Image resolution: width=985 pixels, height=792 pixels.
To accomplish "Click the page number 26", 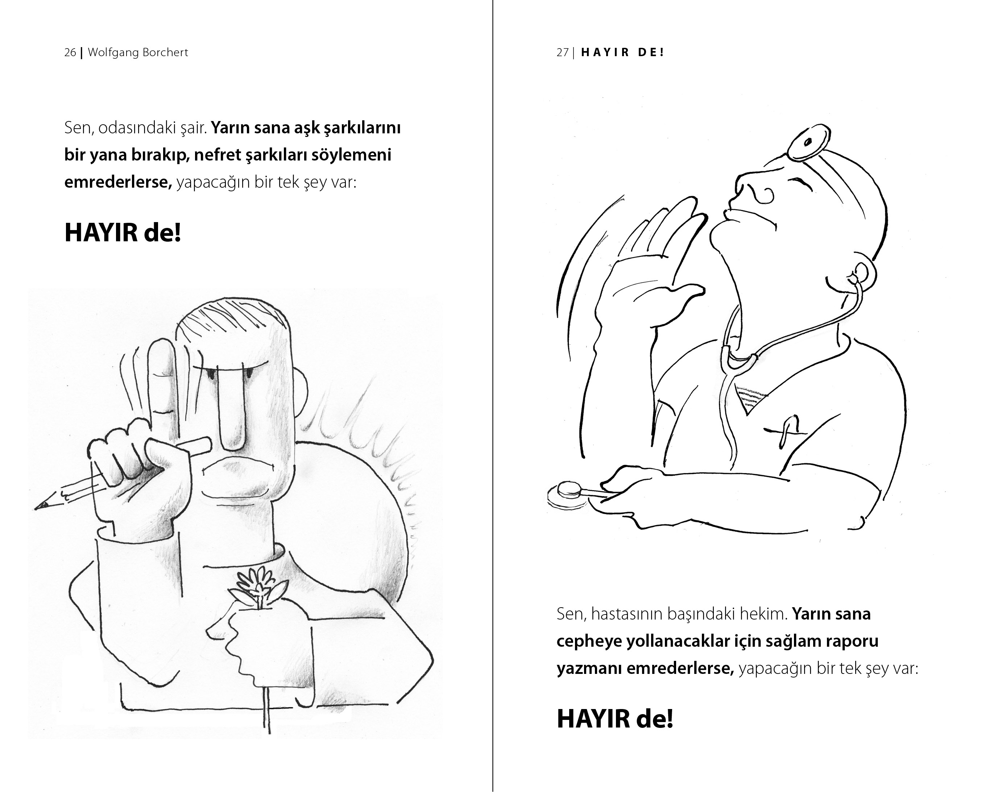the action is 70,53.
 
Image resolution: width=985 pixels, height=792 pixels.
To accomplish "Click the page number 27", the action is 562,53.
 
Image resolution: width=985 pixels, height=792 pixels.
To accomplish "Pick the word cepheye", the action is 589,642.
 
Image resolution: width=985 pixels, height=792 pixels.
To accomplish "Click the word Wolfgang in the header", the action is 112,53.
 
